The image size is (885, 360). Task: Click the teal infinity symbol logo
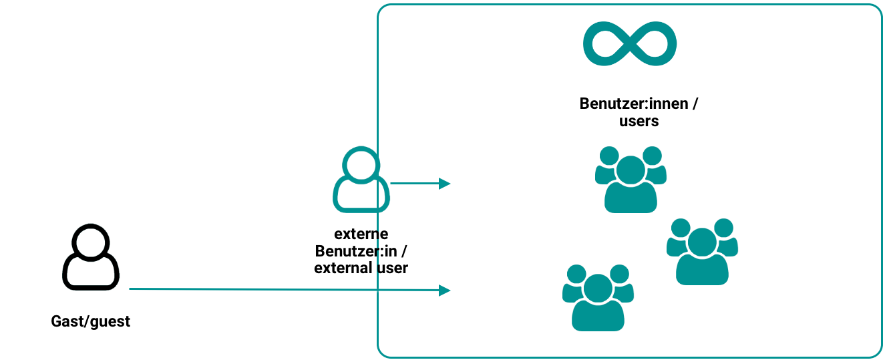630,44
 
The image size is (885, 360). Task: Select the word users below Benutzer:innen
639,122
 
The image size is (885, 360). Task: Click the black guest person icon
90,257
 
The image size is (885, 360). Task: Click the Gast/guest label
91,322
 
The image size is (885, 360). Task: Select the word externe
361,234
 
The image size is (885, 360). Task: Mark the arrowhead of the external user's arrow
445,183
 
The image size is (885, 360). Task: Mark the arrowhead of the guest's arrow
445,290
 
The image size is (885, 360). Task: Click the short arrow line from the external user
414,183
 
